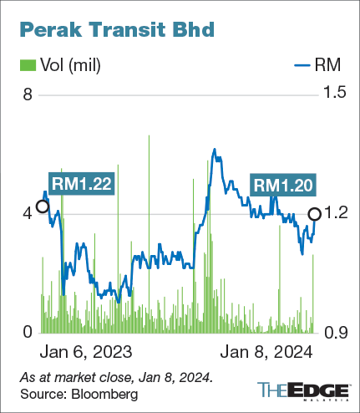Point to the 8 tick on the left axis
pyautogui.click(x=27, y=95)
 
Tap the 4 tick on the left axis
pyautogui.click(x=27, y=214)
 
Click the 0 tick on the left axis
pyautogui.click(x=27, y=333)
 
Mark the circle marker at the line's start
pyautogui.click(x=42, y=206)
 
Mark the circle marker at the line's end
pyautogui.click(x=315, y=214)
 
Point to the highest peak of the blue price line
pyautogui.click(x=215, y=150)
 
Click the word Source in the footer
pyautogui.click(x=40, y=393)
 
